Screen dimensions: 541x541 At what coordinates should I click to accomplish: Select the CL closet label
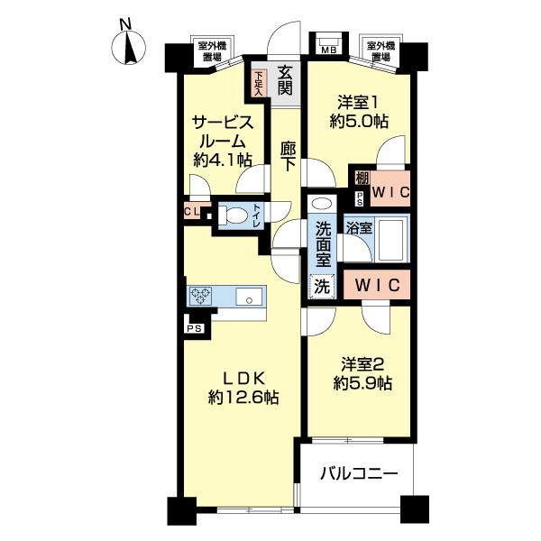191,212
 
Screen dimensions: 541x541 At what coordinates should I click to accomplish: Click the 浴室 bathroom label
359,227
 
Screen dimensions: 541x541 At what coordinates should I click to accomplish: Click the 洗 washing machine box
321,286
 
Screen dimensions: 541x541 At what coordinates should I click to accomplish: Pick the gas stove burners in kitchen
201,296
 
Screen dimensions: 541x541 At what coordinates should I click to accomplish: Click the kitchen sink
247,296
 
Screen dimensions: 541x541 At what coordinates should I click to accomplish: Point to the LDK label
237,378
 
